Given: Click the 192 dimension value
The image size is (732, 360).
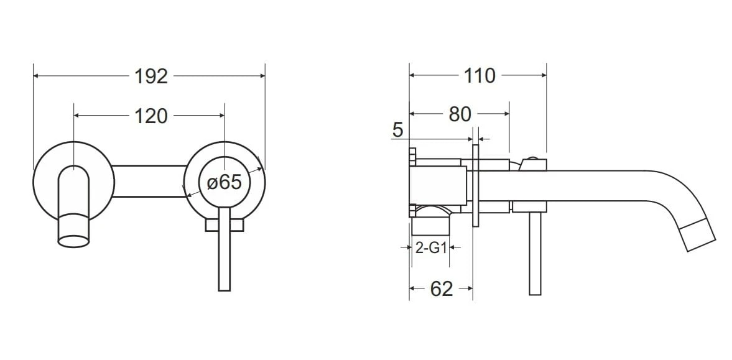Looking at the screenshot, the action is pos(151,76).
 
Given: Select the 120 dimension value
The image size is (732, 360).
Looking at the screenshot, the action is pos(151,116).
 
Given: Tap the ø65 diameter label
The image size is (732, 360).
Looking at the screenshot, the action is pos(225,182).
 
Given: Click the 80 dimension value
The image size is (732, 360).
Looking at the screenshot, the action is pos(460,114).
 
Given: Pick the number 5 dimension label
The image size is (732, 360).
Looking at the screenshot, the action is pos(397,130).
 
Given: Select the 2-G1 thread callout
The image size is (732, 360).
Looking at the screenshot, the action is pos(431,248).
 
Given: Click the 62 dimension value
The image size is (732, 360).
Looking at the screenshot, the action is pos(441,289).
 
